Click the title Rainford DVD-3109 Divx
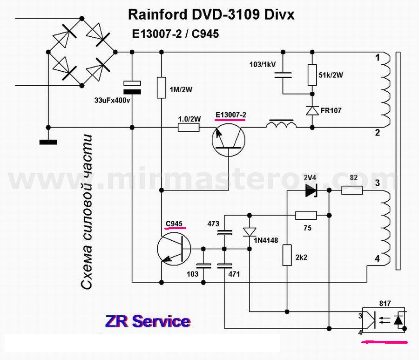[x=211, y=15]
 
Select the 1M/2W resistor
[x=161, y=88]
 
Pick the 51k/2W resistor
[x=312, y=75]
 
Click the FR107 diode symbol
[x=312, y=110]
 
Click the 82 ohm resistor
[x=352, y=190]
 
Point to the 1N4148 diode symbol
[x=250, y=231]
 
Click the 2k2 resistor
[x=287, y=255]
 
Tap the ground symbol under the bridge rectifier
[x=48, y=142]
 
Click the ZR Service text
[x=148, y=321]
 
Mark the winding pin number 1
[x=378, y=58]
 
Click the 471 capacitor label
[x=234, y=274]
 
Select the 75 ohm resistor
[x=306, y=215]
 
